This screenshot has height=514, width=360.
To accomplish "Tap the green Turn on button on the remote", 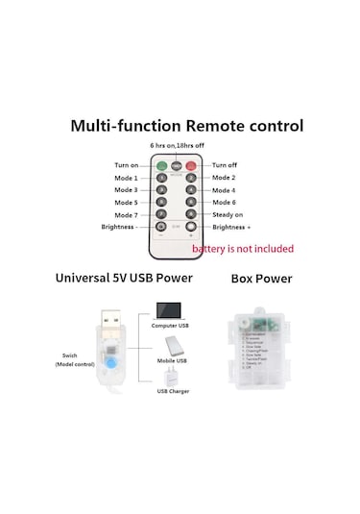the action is pos(161,165).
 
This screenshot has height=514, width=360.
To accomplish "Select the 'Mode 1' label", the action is pos(126,178).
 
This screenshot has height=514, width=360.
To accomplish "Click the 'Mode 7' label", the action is pos(126,214).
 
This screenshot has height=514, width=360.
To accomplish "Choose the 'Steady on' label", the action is pos(227,214).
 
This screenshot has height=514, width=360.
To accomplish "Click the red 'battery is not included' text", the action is pos(242,249).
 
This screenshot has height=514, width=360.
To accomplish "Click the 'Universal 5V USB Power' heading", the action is pos(124,279).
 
